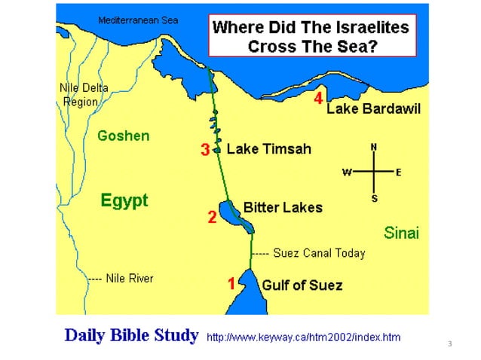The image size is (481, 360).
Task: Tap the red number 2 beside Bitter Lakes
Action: [x=213, y=218]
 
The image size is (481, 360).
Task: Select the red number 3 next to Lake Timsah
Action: [x=204, y=150]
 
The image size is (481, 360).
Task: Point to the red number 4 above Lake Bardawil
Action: [x=318, y=99]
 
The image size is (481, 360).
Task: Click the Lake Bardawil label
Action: [x=373, y=110]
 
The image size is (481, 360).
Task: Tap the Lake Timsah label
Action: [x=268, y=149]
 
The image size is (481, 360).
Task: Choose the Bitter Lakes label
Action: [x=283, y=207]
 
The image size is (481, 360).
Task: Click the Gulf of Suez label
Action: [x=302, y=285]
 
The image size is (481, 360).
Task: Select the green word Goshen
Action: [x=124, y=136]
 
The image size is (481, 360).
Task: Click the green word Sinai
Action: [x=401, y=233]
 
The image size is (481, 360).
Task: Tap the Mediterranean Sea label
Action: [x=138, y=20]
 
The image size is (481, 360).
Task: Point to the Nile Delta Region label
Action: [x=83, y=95]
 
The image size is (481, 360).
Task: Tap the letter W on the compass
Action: [x=348, y=172]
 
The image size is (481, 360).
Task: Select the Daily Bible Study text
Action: [x=132, y=334]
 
